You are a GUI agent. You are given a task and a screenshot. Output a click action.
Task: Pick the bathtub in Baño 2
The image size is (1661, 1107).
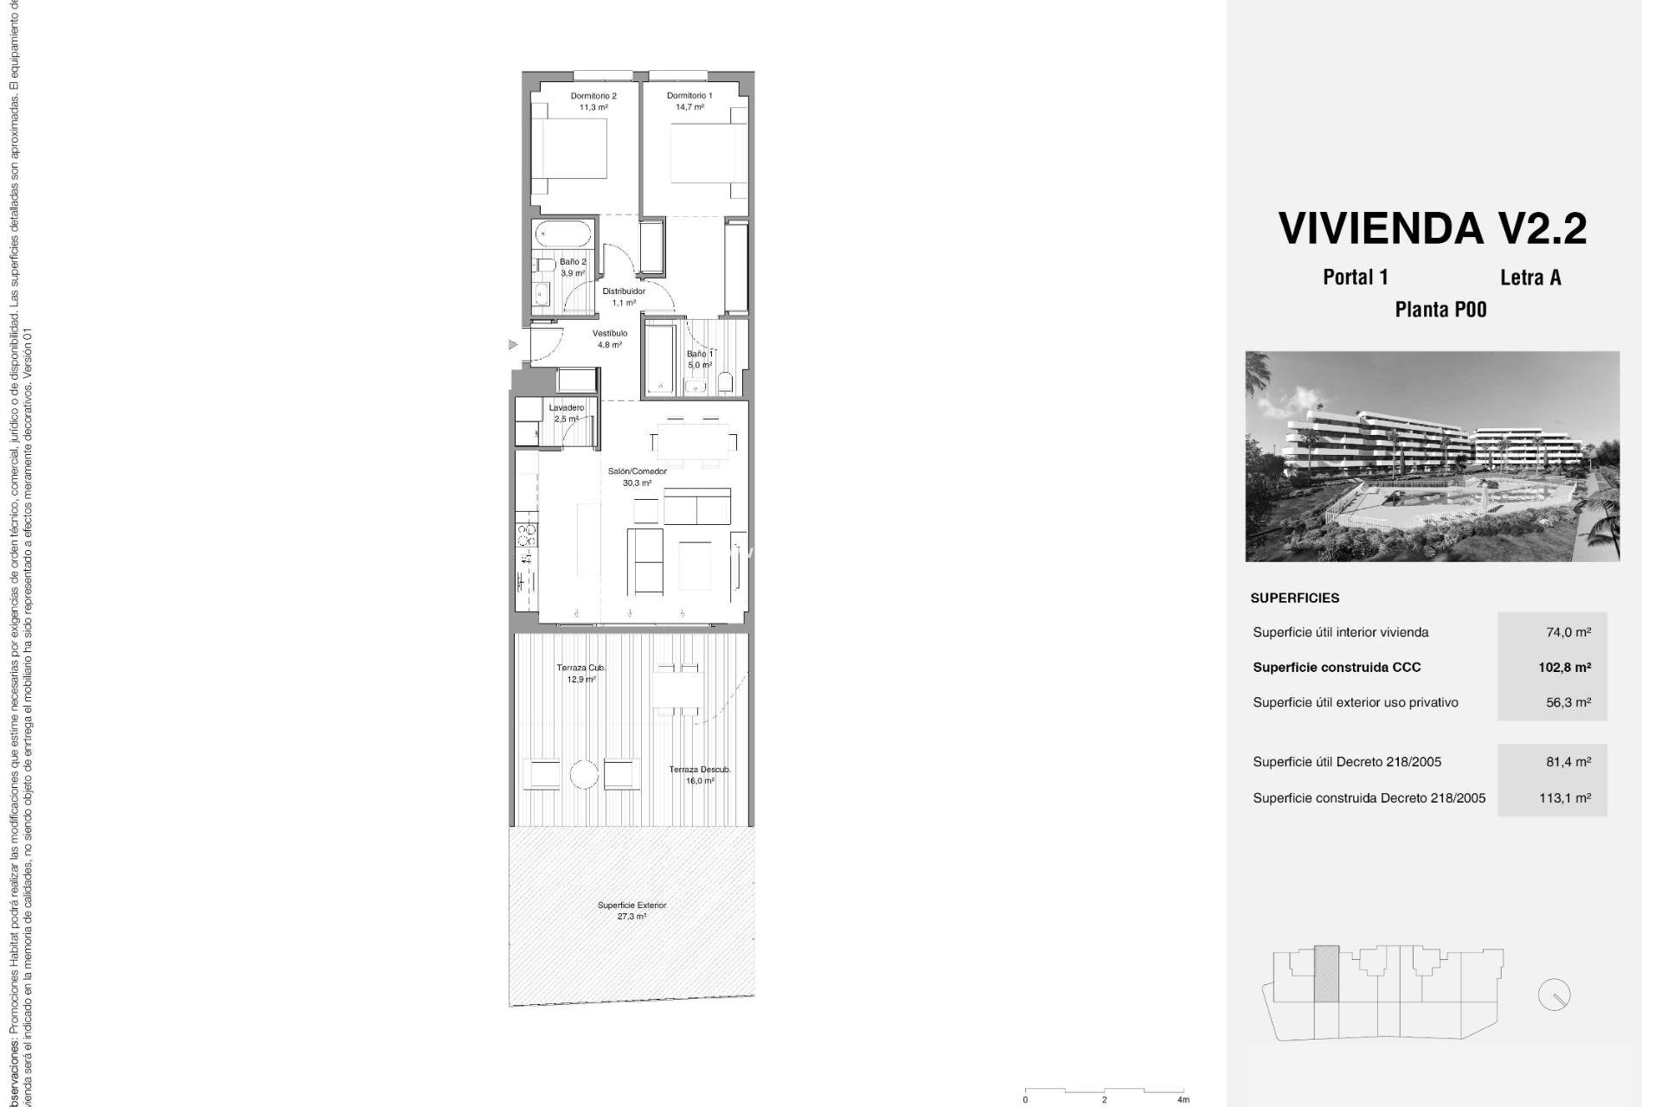click(563, 233)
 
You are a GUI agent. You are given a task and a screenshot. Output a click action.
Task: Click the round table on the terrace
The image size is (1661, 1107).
click(584, 774)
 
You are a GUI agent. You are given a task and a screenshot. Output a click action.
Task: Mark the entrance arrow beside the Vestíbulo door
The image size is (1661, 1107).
click(512, 344)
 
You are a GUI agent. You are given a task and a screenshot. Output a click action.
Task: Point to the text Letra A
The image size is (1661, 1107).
click(1530, 278)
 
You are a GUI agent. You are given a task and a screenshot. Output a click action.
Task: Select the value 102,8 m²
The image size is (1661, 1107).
click(1564, 667)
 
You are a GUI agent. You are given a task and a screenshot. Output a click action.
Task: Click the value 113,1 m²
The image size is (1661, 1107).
click(1564, 797)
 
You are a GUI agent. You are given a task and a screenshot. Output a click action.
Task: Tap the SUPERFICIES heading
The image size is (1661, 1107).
click(1294, 598)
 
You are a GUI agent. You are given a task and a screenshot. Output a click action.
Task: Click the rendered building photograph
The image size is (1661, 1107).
click(1432, 456)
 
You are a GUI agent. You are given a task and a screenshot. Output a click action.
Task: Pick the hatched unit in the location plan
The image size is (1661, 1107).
click(1325, 974)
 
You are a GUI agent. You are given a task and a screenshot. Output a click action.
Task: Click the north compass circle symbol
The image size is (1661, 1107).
click(1554, 995)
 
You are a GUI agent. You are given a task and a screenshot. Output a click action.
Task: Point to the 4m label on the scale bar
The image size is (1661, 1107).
click(1183, 1099)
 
